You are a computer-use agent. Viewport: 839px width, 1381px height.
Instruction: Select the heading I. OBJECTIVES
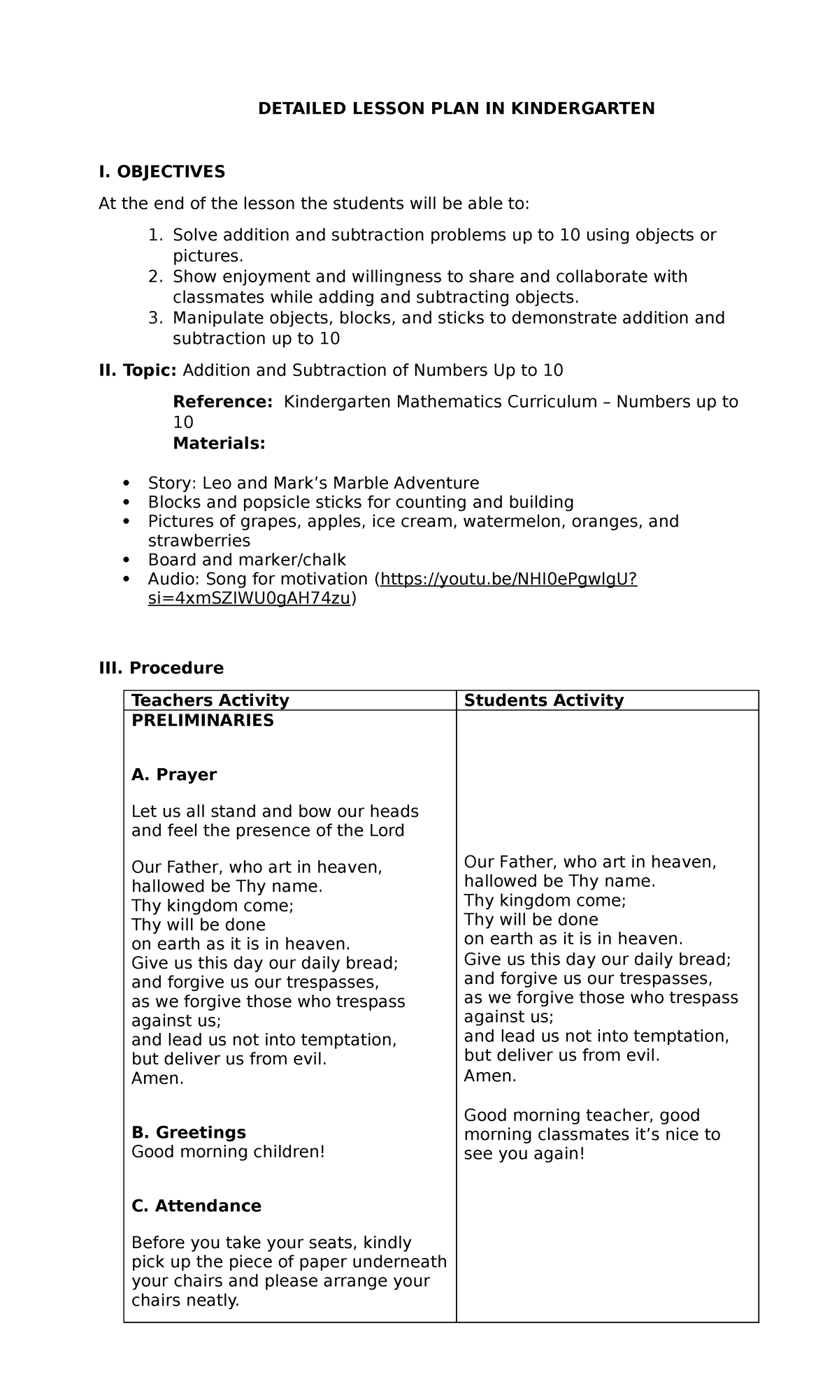(162, 171)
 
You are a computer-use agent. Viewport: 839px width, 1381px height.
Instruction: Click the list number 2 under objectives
(155, 277)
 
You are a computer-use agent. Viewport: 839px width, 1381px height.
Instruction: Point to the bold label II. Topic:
(138, 370)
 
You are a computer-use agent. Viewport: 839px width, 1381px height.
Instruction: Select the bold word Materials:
(219, 443)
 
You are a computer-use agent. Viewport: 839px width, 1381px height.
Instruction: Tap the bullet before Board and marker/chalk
(126, 560)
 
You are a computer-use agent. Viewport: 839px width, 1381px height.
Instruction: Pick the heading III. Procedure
(162, 667)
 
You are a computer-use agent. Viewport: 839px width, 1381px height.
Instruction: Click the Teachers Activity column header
(210, 700)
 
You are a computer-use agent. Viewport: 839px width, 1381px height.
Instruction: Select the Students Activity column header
(543, 700)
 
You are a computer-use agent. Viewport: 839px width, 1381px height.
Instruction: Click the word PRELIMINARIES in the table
(202, 721)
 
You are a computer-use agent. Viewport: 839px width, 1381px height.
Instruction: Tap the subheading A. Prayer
(174, 774)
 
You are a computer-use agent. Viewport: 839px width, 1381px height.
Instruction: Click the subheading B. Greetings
(188, 1132)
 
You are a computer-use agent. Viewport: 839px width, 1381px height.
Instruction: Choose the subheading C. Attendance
(196, 1206)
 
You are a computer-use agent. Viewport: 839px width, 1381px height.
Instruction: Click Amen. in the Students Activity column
(489, 1076)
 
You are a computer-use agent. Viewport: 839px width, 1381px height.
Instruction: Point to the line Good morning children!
(228, 1151)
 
